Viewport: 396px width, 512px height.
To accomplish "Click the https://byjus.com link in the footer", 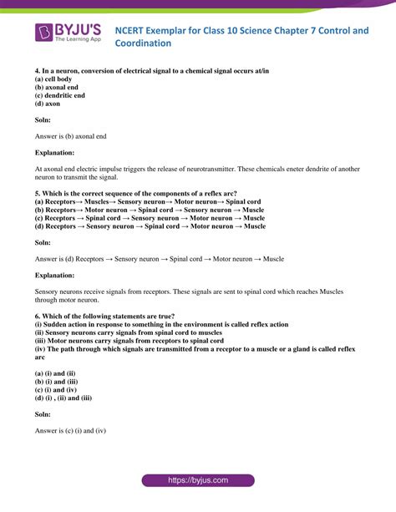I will click(x=197, y=481).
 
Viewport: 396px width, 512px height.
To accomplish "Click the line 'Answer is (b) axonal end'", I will click(x=70, y=136).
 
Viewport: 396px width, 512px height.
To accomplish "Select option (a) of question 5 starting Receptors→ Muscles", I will click(x=148, y=202).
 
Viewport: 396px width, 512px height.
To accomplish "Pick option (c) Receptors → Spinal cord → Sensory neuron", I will click(x=150, y=217).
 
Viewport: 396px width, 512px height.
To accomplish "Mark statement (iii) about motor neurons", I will click(x=129, y=341).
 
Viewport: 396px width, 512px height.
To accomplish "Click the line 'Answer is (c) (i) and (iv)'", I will click(x=70, y=431).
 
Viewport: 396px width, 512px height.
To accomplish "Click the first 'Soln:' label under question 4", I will click(x=44, y=120).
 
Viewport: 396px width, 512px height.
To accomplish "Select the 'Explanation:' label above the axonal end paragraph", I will click(x=54, y=153).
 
